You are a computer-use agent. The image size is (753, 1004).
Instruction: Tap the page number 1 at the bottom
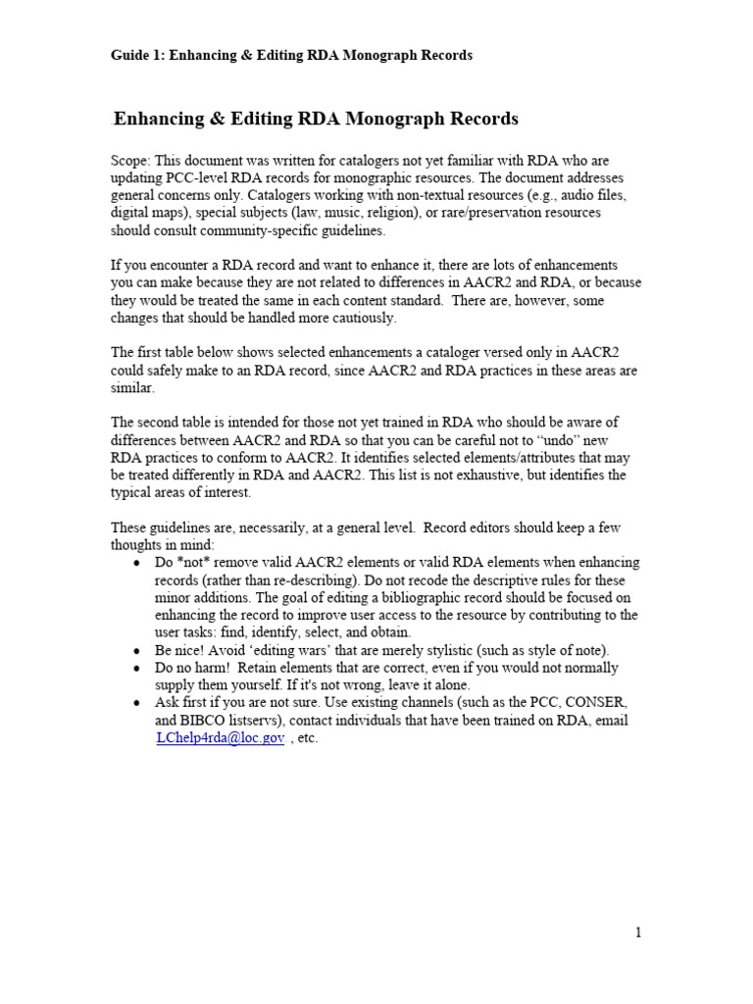pos(638,932)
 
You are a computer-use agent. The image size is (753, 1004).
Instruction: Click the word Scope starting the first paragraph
pos(131,160)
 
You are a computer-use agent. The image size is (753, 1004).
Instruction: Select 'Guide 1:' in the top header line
pos(137,55)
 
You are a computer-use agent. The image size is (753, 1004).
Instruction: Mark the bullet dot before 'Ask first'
pos(135,704)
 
